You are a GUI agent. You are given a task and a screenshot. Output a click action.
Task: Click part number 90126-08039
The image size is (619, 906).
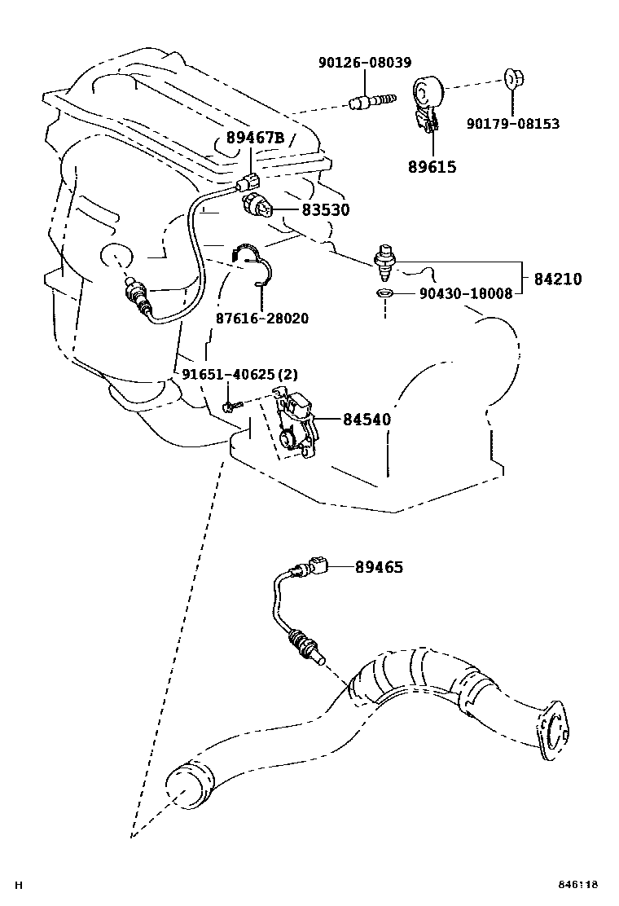tap(364, 63)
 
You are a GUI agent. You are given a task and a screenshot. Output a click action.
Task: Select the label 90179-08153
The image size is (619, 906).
tap(512, 124)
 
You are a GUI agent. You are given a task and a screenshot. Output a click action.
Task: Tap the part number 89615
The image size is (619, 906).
tap(432, 167)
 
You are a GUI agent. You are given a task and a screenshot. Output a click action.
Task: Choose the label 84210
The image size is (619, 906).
tap(558, 279)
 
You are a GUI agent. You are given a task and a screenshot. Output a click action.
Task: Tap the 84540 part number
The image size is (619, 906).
tap(367, 420)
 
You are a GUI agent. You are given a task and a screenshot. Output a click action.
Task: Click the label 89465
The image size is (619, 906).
tap(379, 567)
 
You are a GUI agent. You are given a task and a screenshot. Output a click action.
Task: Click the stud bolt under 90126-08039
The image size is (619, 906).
tap(371, 103)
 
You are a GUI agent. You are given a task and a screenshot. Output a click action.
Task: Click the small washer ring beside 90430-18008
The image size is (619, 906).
tap(383, 292)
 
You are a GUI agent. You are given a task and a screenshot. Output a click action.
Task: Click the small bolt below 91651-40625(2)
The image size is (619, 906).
tap(233, 404)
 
